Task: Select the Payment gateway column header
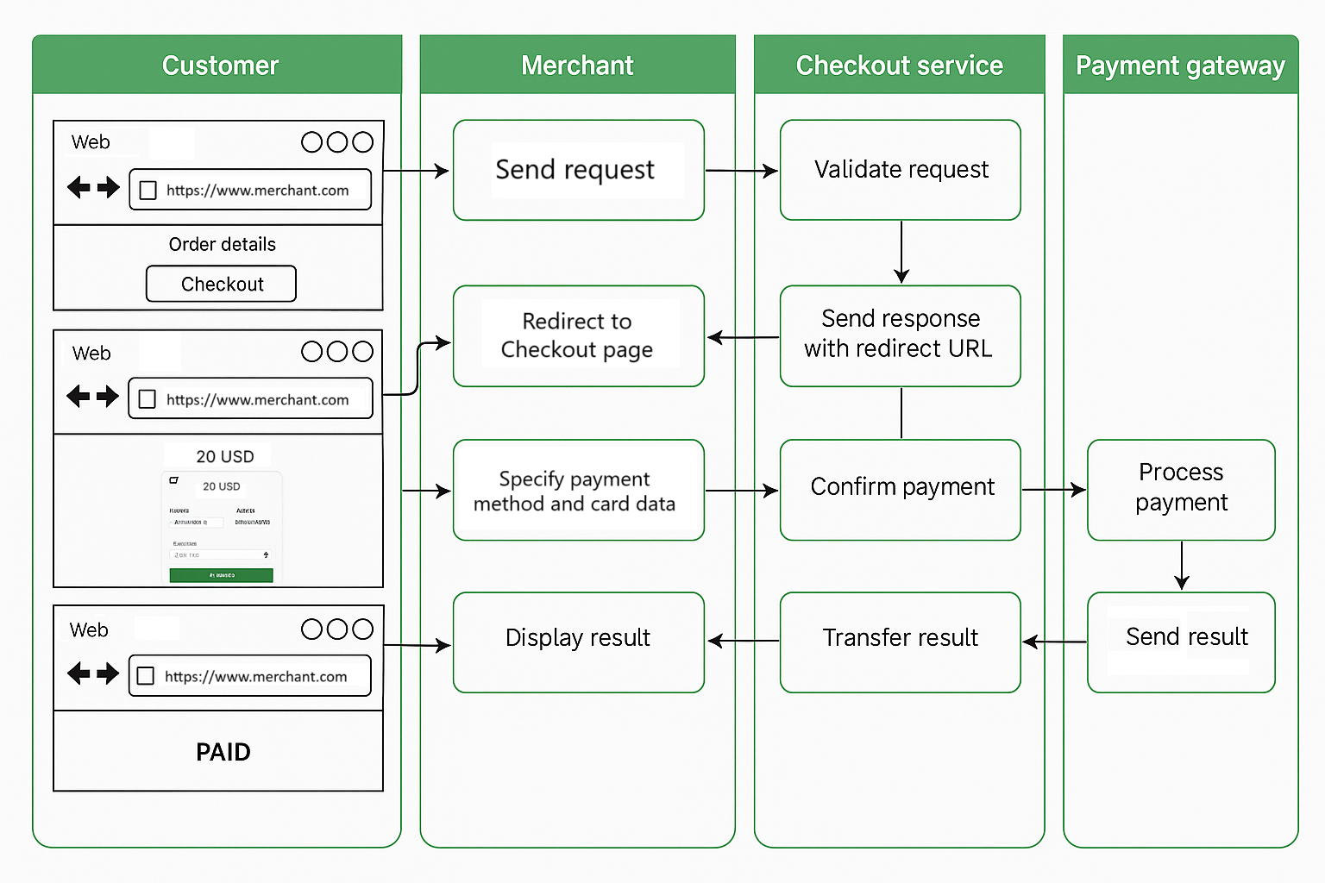point(1180,66)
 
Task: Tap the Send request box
point(578,170)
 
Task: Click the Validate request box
point(900,170)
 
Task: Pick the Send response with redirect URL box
point(900,335)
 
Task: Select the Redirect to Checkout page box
point(578,335)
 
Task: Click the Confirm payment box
point(900,489)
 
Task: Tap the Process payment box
point(1180,489)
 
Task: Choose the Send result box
point(1180,641)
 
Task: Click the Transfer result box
point(900,641)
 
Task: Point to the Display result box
point(578,641)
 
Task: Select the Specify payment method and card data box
point(578,490)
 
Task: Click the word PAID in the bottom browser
point(223,752)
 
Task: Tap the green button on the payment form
point(221,575)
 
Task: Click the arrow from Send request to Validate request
point(742,171)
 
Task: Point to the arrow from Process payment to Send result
point(1182,566)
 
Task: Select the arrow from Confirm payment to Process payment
point(1053,490)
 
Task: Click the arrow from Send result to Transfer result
point(1054,642)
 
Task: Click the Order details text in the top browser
point(222,245)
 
